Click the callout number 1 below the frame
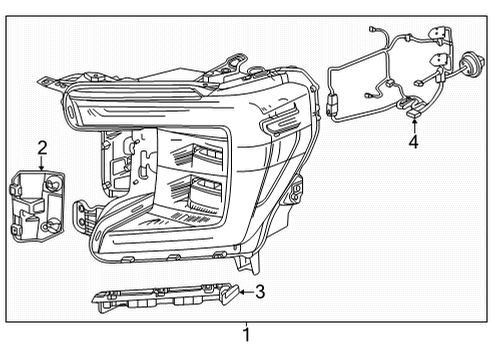246,335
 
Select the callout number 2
42,148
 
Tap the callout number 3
260,292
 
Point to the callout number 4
413,142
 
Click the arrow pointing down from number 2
42,164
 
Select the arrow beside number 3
243,292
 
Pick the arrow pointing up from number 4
413,125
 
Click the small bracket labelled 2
37,205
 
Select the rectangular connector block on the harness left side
334,105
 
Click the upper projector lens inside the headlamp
205,154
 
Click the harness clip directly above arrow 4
410,105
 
